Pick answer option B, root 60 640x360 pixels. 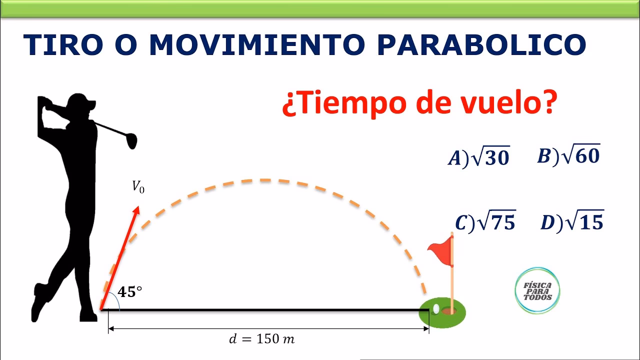pos(568,156)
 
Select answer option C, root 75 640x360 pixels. pos(485,222)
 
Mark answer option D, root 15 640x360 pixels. pos(572,221)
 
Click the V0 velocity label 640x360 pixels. pos(138,187)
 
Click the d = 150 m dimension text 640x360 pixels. pos(262,339)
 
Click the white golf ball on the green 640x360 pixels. pos(436,309)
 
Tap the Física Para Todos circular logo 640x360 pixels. pos(537,291)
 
